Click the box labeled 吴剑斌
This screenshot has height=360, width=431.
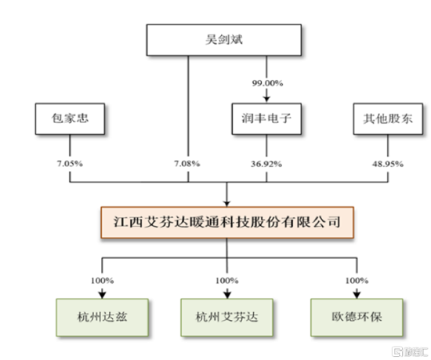(x=224, y=40)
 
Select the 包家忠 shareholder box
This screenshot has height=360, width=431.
(x=70, y=118)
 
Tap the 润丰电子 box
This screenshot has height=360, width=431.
(x=266, y=118)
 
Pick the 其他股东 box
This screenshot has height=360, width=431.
(x=388, y=118)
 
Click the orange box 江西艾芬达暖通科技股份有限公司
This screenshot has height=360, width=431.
(x=227, y=222)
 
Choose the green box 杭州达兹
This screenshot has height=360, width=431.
(x=102, y=318)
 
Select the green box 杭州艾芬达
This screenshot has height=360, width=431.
(x=226, y=318)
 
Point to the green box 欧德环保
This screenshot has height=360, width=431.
(x=357, y=318)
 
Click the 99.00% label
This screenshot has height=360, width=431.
(x=267, y=83)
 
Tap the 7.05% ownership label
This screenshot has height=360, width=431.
(x=70, y=164)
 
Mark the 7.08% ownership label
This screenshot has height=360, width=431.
(x=187, y=164)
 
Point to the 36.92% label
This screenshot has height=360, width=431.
(x=266, y=164)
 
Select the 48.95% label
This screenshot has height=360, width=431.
(x=388, y=164)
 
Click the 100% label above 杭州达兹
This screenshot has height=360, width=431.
(x=102, y=281)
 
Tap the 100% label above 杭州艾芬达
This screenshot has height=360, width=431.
(x=226, y=281)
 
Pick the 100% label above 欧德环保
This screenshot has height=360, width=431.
(x=357, y=281)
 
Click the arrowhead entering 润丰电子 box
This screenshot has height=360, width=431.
(x=266, y=100)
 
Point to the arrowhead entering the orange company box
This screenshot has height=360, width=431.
(x=226, y=203)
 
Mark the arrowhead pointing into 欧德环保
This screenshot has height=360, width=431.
(x=357, y=295)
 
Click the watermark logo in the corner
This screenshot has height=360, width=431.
(x=410, y=351)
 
